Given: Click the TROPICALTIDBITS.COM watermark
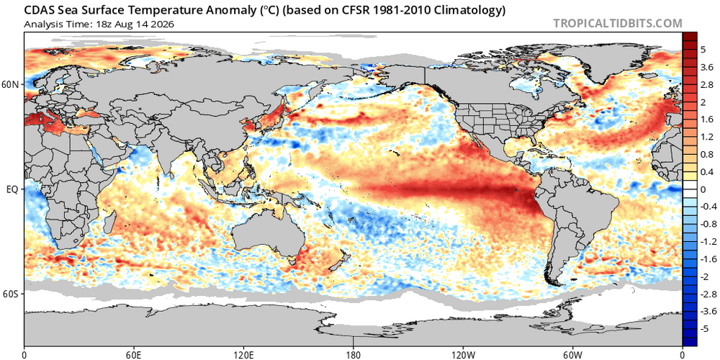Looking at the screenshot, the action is click(x=618, y=23).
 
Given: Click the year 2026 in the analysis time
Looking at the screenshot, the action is click(x=163, y=24).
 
